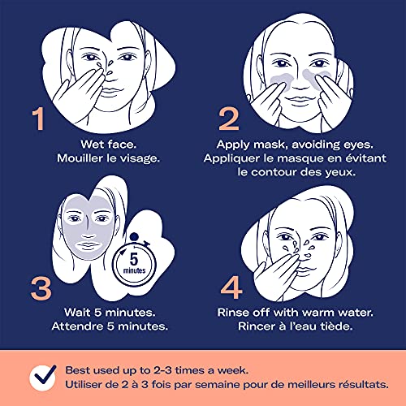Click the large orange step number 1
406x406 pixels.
38,119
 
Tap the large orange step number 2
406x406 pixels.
229,119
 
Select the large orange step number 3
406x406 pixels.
41,289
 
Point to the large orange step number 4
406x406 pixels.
231,287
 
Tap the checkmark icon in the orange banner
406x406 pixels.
43,377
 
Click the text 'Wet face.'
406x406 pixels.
108,145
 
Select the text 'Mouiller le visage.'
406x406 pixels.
108,158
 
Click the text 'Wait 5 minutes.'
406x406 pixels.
110,313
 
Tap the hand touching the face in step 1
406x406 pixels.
80,92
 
